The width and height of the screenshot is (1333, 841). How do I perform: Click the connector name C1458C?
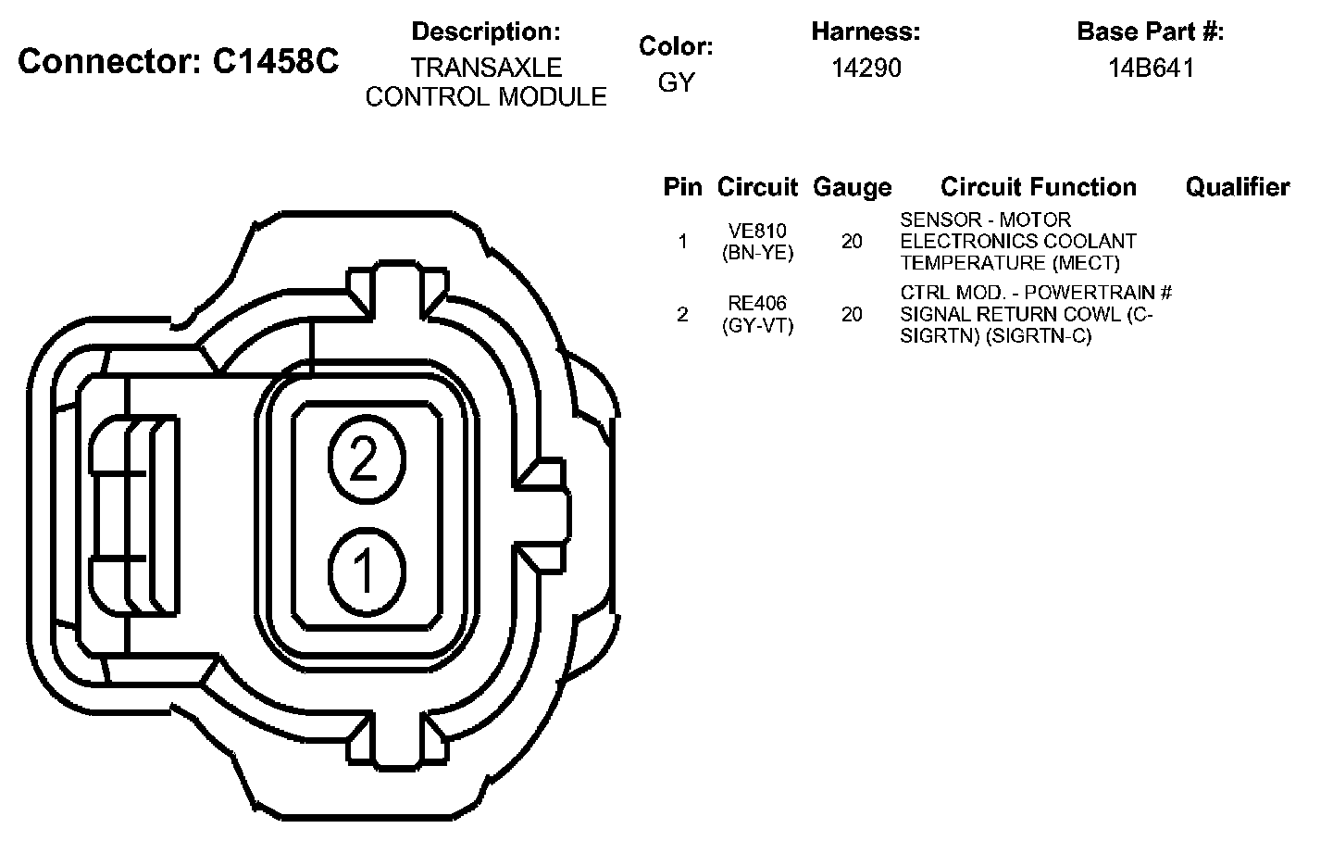pos(276,61)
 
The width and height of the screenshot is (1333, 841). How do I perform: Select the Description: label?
pos(486,31)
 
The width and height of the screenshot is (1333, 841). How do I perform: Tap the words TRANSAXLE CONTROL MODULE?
pos(486,82)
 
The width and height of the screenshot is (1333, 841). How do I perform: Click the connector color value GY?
pos(676,82)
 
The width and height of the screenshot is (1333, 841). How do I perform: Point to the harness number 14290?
pos(866,68)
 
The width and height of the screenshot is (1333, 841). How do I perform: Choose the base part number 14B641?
pos(1151,68)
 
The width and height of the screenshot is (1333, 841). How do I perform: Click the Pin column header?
pos(682,187)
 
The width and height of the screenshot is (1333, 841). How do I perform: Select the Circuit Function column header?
pos(1039,187)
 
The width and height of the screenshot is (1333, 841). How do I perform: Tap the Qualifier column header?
pos(1238,187)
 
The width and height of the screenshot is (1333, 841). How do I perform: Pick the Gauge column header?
pos(853,188)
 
